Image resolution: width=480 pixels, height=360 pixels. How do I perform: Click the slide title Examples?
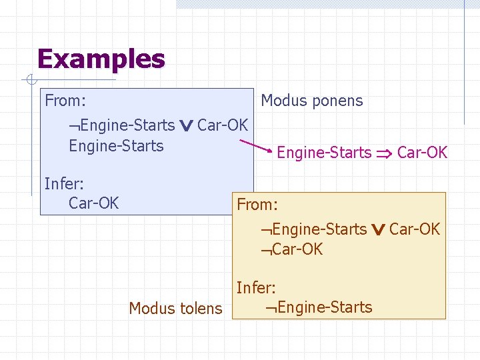click(101, 59)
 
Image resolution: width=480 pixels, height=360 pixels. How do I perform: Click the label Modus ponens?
click(311, 101)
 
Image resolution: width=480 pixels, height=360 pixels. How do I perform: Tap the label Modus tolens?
click(175, 308)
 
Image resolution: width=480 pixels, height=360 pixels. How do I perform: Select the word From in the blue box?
click(65, 101)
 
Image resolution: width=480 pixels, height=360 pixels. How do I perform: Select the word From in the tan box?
click(257, 205)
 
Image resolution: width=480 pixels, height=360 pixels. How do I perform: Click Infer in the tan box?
click(256, 288)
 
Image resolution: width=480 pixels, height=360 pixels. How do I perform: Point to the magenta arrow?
click(255, 147)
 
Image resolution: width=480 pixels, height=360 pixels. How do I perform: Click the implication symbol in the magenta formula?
click(383, 153)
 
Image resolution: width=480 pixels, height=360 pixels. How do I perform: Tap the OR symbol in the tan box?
click(378, 230)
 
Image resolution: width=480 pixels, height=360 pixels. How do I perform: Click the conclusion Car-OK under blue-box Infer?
click(93, 203)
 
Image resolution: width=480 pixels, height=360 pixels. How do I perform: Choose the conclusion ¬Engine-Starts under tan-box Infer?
click(318, 307)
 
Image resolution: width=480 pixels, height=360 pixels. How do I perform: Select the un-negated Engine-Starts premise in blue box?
click(116, 146)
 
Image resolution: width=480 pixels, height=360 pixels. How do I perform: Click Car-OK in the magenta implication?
click(422, 153)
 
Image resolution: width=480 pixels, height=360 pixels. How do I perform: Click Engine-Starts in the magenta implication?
click(324, 153)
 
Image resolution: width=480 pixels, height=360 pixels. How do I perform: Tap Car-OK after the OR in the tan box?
click(414, 229)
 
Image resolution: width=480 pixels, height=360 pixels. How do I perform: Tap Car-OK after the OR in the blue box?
click(222, 125)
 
